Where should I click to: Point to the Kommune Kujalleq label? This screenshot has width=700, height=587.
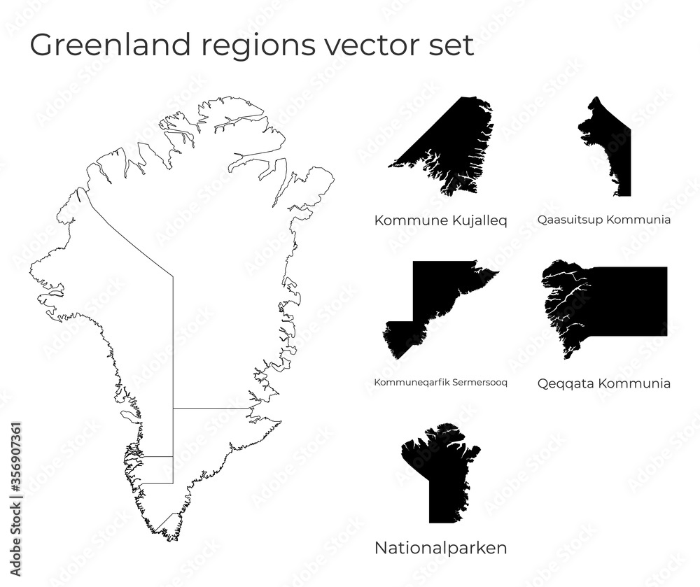pos(440,220)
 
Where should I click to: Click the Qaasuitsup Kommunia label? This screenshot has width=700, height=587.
pos(604,220)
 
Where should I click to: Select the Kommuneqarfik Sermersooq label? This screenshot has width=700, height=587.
pos(440,383)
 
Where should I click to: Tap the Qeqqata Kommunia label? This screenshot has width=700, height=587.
pos(604,383)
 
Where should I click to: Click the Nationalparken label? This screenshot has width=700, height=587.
pos(440,548)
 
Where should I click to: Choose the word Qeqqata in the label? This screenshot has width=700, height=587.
pos(564,383)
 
